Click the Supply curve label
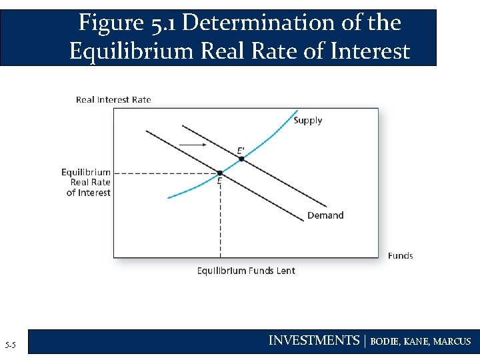[x=307, y=121]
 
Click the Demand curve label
[x=325, y=215]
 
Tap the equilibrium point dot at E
[x=220, y=173]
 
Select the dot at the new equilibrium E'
[x=241, y=159]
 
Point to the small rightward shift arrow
[x=193, y=144]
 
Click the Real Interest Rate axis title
[x=113, y=100]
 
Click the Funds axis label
[x=400, y=255]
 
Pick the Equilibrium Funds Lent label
[x=246, y=271]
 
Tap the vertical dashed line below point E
[x=220, y=220]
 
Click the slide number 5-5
[x=11, y=345]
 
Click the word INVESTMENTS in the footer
[x=313, y=341]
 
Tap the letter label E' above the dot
[x=241, y=151]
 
